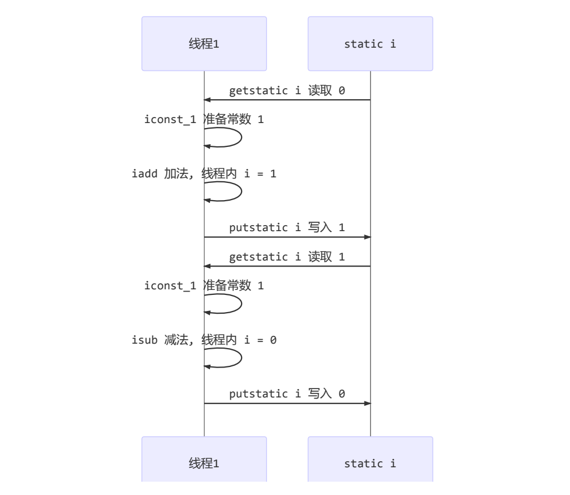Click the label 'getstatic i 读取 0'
[287, 90]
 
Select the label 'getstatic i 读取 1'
[287, 257]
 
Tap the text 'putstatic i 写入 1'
[287, 227]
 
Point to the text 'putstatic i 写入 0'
[287, 394]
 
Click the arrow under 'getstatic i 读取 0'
[287, 100]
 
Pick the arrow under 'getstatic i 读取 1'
[287, 266]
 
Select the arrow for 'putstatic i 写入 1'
[287, 237]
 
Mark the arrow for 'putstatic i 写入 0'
[287, 404]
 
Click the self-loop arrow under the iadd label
[240, 191]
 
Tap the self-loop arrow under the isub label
[240, 358]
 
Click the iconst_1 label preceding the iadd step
[204, 119]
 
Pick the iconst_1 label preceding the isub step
[204, 285]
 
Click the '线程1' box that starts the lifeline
[204, 44]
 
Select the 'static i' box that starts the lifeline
[370, 44]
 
